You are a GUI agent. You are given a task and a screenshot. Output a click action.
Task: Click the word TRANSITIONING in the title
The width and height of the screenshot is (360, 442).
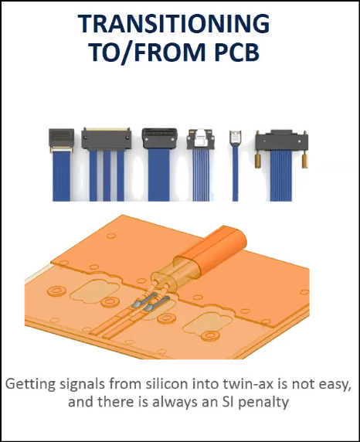tap(174, 23)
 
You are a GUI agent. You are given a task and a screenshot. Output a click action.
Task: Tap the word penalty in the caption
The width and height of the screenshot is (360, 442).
tap(263, 403)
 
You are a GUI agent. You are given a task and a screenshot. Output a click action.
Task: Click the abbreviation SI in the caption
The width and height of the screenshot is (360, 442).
tap(227, 402)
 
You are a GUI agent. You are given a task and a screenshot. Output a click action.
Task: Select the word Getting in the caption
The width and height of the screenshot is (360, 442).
tap(30, 385)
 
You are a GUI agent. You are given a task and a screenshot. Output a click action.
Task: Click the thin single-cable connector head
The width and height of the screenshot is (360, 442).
tap(235, 138)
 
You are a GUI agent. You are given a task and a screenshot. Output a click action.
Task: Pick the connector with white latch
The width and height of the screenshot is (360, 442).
tap(200, 139)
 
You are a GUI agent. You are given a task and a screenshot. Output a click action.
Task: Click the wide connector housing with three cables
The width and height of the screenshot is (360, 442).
tap(107, 138)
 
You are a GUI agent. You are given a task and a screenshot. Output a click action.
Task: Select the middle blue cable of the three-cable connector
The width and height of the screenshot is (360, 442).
tap(107, 175)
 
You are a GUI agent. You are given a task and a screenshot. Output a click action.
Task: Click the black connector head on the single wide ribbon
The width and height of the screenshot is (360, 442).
tap(160, 138)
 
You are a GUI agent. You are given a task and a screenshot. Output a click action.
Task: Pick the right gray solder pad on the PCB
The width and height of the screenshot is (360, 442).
tap(156, 304)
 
